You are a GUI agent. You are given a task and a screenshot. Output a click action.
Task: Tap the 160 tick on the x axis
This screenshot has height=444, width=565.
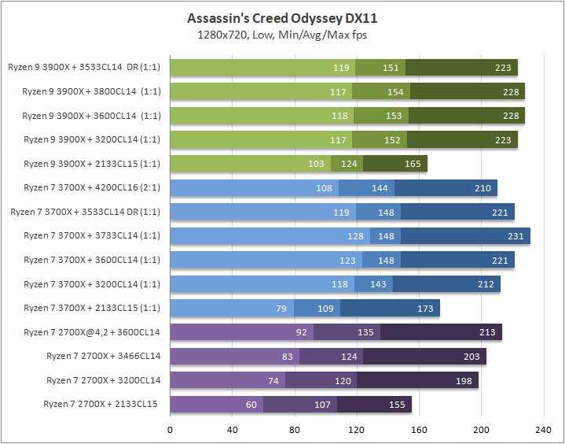pos(419,430)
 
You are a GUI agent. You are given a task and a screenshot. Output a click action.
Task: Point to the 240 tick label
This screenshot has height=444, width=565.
pos(543,430)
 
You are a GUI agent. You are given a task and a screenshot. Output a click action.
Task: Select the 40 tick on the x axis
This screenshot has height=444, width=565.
pos(233,430)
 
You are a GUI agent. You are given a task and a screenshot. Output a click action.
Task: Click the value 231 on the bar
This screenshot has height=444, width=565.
pos(515,236)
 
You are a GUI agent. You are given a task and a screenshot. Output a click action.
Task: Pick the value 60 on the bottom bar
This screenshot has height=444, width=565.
pos(251,405)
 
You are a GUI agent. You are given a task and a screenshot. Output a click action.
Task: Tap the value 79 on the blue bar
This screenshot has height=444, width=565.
pos(281,309)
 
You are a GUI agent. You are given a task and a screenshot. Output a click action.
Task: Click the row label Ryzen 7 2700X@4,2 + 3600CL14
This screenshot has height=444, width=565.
pos(92,333)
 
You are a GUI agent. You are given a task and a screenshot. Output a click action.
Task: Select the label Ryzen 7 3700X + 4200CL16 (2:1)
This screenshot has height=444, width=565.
pos(92,188)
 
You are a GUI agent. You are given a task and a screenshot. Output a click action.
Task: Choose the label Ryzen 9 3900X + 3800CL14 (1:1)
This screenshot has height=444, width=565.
pos(91,91)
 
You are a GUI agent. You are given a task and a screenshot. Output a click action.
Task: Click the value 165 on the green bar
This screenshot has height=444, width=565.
pos(413,164)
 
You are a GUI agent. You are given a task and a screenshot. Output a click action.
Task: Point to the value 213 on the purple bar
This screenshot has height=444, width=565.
pos(487,333)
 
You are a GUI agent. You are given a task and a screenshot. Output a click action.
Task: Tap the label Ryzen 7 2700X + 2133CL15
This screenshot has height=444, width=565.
pos(102,405)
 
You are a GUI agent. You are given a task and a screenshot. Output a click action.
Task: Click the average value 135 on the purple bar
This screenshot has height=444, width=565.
pos(366,333)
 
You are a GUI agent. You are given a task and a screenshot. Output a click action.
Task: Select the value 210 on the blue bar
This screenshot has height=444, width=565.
pos(482,188)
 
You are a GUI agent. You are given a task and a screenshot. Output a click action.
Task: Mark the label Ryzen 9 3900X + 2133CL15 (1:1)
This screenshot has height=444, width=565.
pos(91,164)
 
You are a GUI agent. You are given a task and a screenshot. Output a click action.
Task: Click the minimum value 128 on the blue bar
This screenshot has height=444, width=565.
pos(357,236)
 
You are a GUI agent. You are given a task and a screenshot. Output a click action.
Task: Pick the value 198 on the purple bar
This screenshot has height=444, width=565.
pos(464,381)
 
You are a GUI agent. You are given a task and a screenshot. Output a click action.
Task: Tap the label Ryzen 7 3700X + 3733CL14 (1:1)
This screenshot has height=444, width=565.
pos(92,236)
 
